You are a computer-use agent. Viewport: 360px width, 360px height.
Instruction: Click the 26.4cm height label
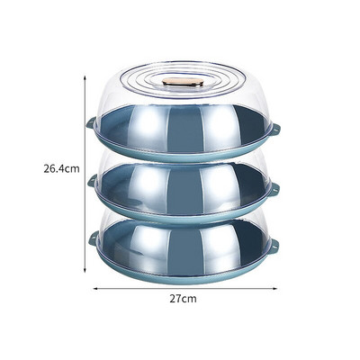coord(61,169)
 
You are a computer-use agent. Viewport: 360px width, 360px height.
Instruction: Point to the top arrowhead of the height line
coord(85,77)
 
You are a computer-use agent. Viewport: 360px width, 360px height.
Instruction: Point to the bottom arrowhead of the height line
coord(85,270)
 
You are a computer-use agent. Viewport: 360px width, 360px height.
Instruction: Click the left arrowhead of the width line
coord(95,289)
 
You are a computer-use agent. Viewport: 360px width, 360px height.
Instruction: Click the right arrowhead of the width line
coord(274,289)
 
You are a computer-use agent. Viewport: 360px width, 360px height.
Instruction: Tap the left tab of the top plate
coord(90,123)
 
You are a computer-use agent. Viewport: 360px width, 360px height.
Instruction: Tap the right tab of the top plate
coord(276,129)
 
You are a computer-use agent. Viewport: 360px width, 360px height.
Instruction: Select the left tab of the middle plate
coord(92,181)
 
